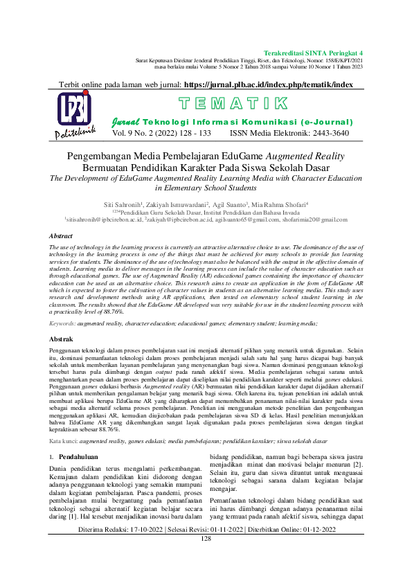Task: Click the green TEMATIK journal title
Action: (233, 105)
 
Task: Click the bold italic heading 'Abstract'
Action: (61, 236)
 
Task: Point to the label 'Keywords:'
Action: (62, 323)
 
